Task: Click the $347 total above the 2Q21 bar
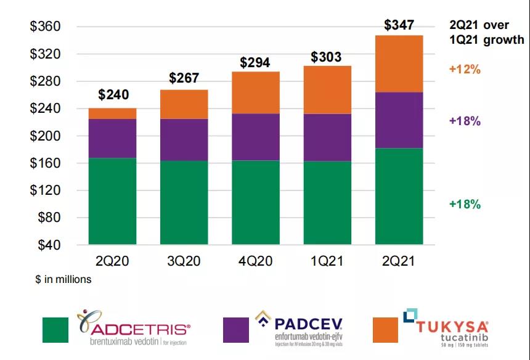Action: (399, 25)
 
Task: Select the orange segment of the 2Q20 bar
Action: (112, 113)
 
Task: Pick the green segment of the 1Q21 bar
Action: (327, 203)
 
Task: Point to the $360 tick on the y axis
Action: (45, 27)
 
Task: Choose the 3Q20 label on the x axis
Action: (184, 261)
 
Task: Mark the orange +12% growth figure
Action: (465, 70)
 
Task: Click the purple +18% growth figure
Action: (465, 121)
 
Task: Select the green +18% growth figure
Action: (465, 205)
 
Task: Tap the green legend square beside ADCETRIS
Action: (55, 330)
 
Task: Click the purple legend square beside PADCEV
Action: (236, 330)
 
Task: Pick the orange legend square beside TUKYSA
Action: (386, 330)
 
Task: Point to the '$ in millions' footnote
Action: (63, 279)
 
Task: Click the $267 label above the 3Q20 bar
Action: (184, 80)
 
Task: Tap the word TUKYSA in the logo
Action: (452, 327)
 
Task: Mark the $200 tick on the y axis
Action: (45, 136)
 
